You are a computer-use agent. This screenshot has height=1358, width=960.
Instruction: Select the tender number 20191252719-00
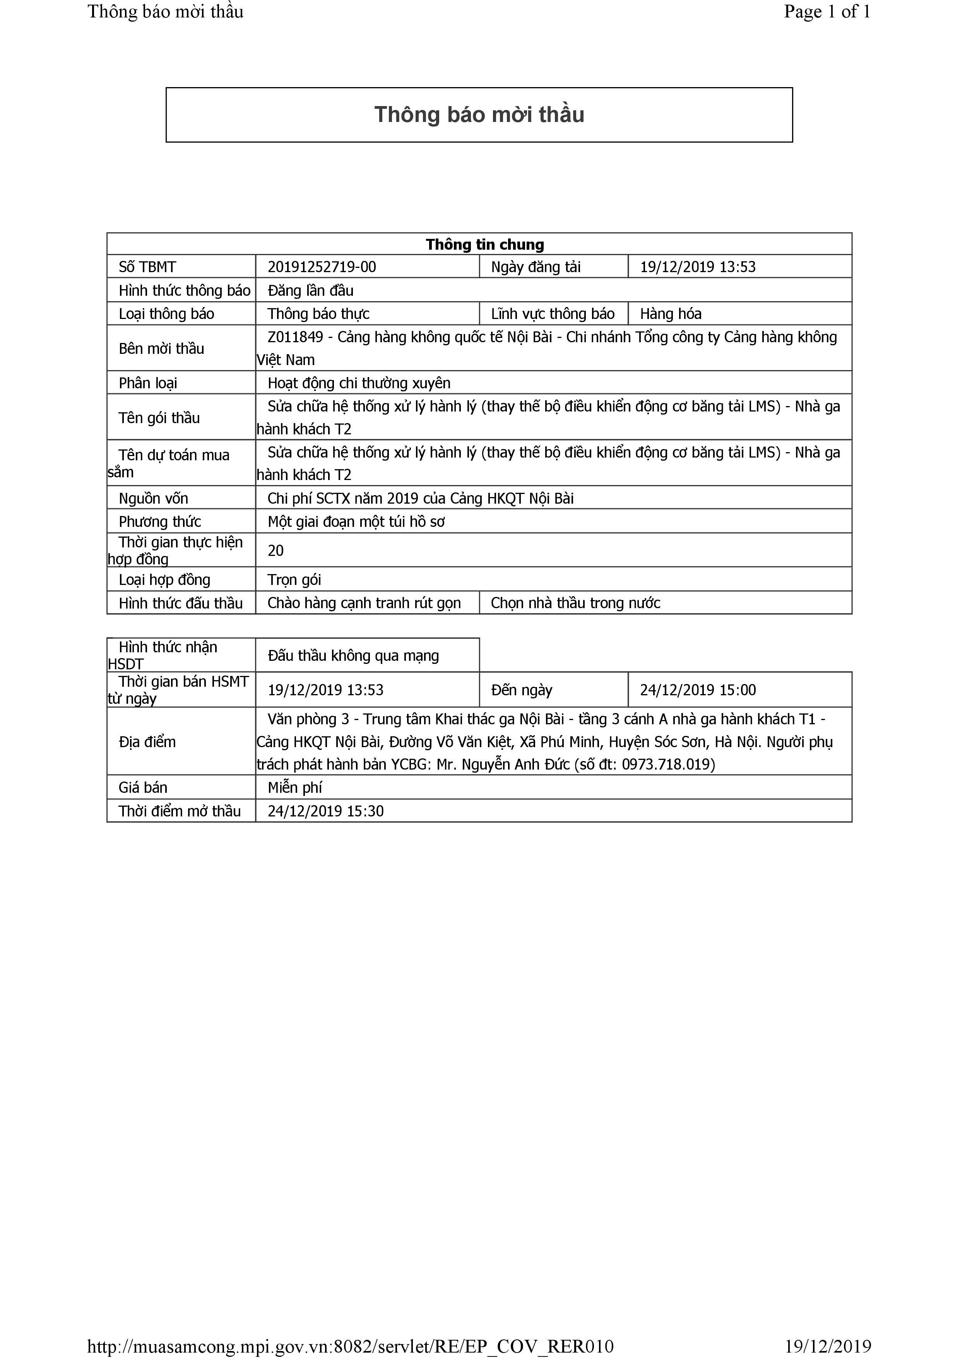click(322, 267)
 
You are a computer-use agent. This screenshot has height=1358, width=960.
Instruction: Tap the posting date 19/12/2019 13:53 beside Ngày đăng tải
click(698, 267)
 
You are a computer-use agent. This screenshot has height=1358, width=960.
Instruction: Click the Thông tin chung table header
click(485, 244)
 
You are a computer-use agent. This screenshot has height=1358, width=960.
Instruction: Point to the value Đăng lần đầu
click(310, 290)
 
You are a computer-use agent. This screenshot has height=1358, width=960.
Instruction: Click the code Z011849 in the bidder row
click(295, 337)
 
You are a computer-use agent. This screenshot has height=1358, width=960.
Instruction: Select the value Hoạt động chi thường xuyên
click(359, 383)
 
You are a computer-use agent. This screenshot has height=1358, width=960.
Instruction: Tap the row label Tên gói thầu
click(159, 418)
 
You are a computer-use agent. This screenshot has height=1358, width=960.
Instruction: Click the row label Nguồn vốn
click(153, 499)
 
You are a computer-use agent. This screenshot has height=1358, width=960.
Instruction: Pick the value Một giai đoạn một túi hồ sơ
click(356, 522)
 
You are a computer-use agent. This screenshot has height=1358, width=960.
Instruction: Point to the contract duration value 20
click(276, 550)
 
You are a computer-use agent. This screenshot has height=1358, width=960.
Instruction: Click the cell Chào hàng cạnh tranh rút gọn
click(364, 603)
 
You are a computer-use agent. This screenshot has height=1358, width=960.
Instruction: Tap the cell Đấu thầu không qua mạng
click(353, 655)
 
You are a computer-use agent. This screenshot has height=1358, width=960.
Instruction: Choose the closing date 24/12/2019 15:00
click(698, 690)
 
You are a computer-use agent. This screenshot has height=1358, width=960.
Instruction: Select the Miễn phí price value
click(294, 788)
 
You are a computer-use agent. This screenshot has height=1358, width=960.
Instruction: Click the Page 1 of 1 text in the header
click(827, 12)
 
